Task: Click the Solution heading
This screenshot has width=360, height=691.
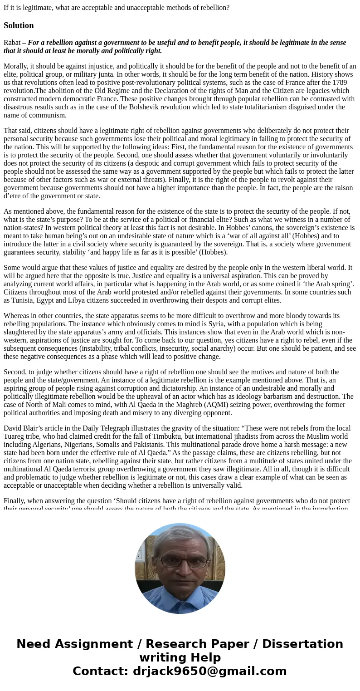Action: pos(19,25)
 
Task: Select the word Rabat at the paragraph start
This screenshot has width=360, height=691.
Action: pos(12,43)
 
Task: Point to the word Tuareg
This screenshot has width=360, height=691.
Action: pos(16,436)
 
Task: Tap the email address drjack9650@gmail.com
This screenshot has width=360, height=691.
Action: pos(210,671)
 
